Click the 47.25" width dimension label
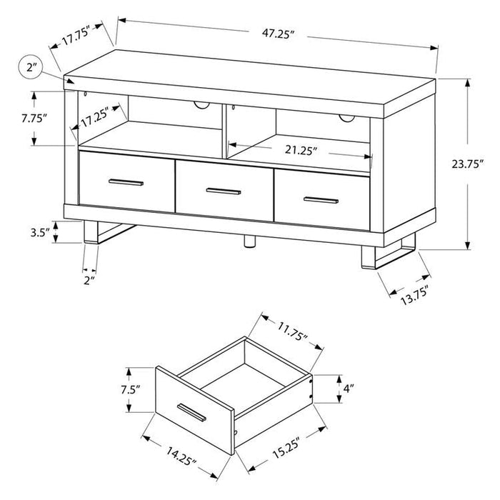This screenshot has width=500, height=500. pos(277,33)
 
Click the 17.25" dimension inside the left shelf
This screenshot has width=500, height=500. pos(99,122)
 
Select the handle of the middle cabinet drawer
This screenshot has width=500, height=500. pos(223,191)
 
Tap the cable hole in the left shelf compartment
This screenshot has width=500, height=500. pos(202,106)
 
